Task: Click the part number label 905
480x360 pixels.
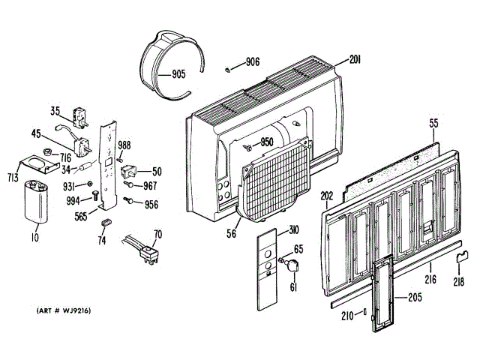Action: tap(178, 74)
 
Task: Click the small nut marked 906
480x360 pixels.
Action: tap(226, 69)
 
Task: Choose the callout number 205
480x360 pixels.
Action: tap(415, 296)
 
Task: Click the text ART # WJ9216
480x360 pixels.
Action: tap(64, 310)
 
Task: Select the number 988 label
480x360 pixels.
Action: tap(124, 145)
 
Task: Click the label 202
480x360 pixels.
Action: tap(326, 197)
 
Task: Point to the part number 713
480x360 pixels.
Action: tap(13, 177)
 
